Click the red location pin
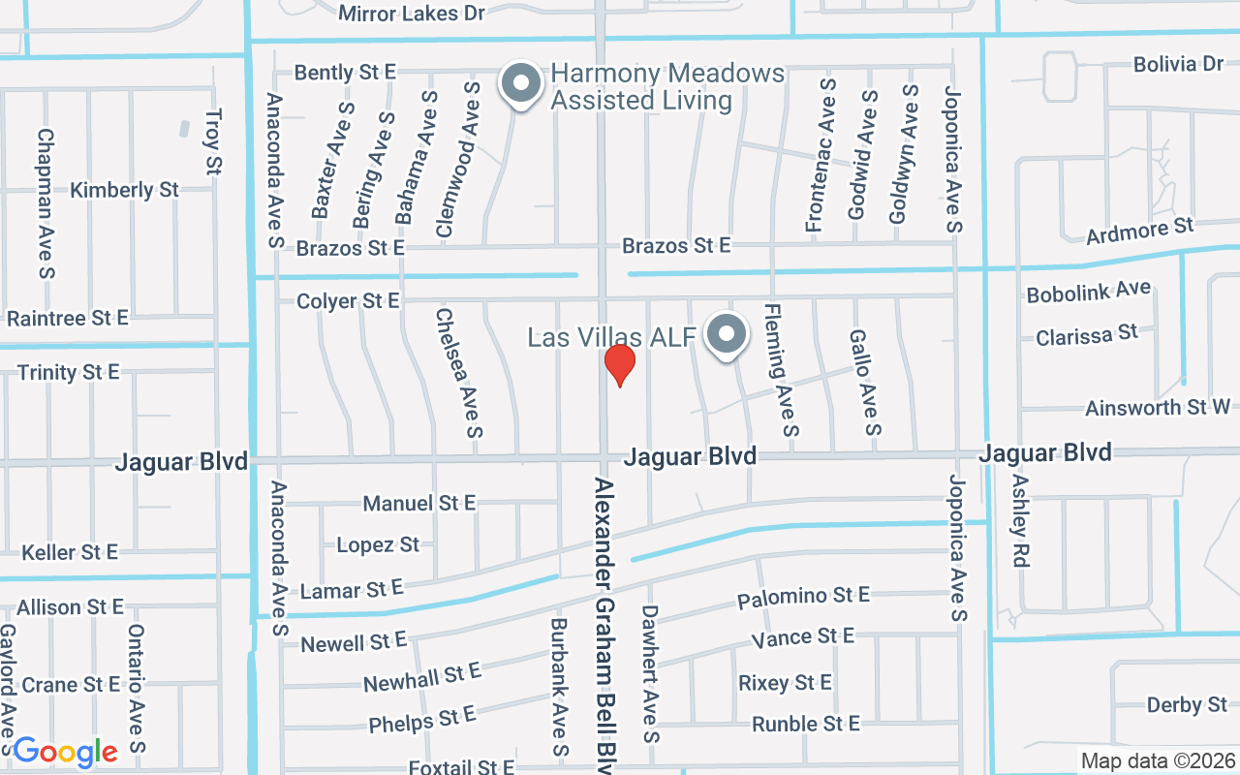point(619,365)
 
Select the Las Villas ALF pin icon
point(727,336)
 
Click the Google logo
point(65,751)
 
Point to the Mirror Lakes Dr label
point(412,14)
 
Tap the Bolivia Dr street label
point(1179,64)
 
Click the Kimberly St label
point(125,190)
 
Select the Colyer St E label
point(348,301)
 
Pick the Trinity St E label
point(68,372)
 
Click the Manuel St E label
point(418,503)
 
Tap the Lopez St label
point(378,544)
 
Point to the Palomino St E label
point(803,597)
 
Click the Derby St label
point(1187,704)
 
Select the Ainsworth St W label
point(1158,408)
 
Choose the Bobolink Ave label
point(1088,292)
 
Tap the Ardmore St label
point(1139,232)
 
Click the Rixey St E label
point(785,683)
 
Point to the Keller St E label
point(70,552)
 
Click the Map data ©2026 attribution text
point(1158,760)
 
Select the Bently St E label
point(345,72)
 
